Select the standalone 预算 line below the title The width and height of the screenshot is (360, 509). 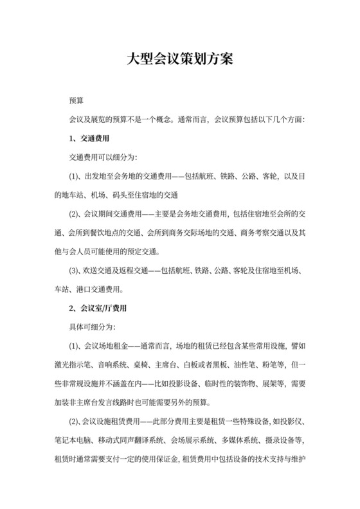(77, 101)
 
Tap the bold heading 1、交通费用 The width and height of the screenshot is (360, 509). (89, 138)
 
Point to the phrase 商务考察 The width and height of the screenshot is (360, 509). (247, 233)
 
